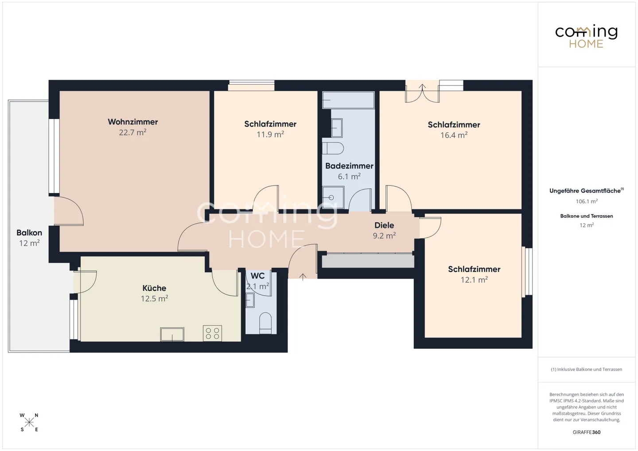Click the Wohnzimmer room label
[x=133, y=122]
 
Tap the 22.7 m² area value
[x=133, y=132]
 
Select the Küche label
[x=154, y=288]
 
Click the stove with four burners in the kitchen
[x=213, y=333]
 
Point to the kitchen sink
[x=172, y=334]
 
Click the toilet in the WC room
[x=265, y=323]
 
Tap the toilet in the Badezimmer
[x=333, y=148]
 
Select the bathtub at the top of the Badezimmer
[x=348, y=100]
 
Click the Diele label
[x=384, y=225]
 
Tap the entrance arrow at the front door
[x=303, y=277]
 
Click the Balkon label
[x=29, y=233]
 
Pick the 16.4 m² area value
[x=454, y=135]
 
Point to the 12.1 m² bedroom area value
[x=474, y=280]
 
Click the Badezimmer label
[x=349, y=166]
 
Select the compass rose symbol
[x=29, y=423]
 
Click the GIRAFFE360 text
[x=587, y=432]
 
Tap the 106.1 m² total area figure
[x=587, y=201]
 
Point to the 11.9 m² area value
[x=270, y=134]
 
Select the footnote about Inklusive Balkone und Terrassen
[x=587, y=369]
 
